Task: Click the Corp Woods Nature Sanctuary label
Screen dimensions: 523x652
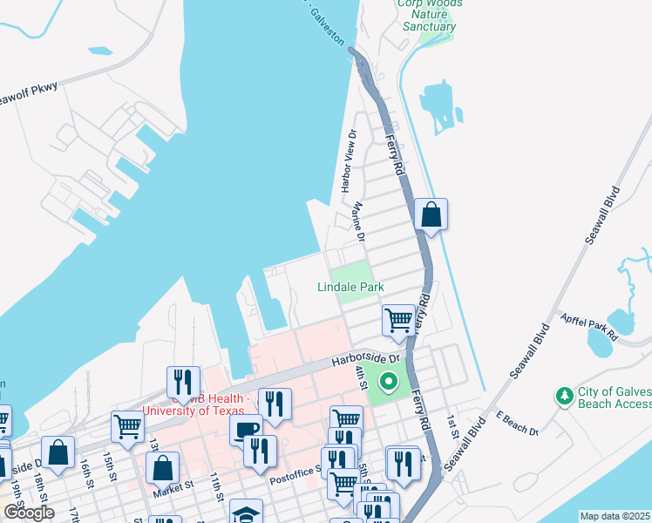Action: tap(429, 15)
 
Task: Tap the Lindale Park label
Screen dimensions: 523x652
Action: tap(350, 287)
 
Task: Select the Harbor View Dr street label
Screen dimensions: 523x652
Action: tap(350, 161)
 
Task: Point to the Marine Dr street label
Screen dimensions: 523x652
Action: tap(357, 219)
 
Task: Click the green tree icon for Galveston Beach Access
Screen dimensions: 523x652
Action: tap(564, 397)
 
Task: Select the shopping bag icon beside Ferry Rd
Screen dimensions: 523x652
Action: tap(431, 214)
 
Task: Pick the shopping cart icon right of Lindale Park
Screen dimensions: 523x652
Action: tap(398, 319)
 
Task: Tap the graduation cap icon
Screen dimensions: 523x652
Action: tap(247, 513)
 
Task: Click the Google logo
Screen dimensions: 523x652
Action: tap(28, 513)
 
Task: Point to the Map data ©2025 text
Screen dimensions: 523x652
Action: tap(615, 516)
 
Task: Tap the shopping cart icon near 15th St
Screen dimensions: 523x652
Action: tap(127, 427)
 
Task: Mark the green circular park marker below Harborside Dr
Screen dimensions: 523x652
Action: tap(387, 382)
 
